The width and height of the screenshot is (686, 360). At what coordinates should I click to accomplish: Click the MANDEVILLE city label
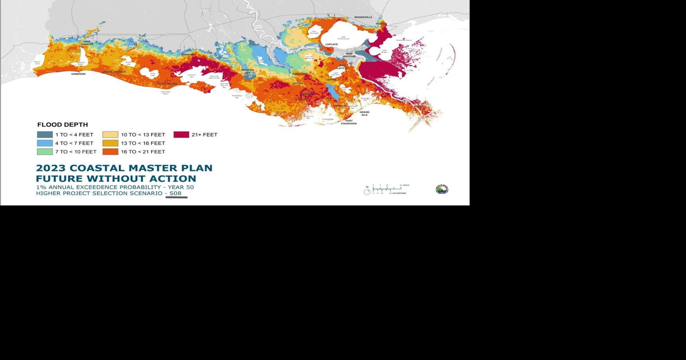coord(363,17)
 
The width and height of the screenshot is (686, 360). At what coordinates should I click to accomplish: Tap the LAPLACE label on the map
coord(331,44)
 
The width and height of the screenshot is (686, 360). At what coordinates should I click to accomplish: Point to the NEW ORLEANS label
coord(349,55)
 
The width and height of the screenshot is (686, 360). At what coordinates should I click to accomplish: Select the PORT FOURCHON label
coord(348,122)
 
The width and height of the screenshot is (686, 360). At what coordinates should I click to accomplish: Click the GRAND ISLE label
coord(364,113)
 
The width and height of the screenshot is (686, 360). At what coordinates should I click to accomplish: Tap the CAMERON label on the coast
coord(78,74)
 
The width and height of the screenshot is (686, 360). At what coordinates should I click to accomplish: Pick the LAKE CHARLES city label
coord(87,43)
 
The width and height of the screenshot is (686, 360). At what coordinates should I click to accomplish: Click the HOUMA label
coord(298,83)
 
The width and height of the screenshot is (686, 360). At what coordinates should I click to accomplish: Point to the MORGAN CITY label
coord(247,71)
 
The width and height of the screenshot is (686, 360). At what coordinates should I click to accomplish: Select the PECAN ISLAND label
coord(167,84)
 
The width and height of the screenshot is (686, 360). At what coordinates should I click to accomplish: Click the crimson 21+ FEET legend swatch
coord(181,135)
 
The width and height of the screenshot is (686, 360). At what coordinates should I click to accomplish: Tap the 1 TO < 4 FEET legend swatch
coord(45,135)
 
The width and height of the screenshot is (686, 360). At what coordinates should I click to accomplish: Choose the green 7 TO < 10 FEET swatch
coord(45,152)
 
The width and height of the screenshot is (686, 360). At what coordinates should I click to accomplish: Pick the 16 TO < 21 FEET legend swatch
coord(110,152)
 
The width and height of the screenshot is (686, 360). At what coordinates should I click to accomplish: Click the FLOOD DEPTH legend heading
coord(63,125)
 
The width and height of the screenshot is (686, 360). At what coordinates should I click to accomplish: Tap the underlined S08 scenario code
coord(175,193)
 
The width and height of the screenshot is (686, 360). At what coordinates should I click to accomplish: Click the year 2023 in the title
coord(51,168)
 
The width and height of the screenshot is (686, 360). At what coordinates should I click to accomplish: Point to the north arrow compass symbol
coord(367,191)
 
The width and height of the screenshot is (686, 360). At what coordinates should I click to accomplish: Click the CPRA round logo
coord(442,189)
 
